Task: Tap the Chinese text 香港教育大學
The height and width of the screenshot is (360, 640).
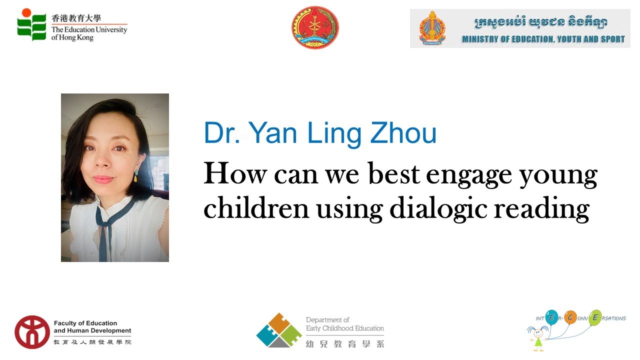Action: pos(76,18)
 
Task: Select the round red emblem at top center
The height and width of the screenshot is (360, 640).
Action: pos(315,27)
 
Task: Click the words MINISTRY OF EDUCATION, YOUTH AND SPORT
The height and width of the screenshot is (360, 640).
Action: pos(543,39)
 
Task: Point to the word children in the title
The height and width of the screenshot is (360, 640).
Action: pos(256,209)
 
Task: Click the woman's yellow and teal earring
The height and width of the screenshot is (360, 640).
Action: pos(136,175)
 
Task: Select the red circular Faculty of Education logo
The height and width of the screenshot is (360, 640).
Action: pos(32,332)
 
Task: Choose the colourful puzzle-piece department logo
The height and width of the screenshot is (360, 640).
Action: pos(279,330)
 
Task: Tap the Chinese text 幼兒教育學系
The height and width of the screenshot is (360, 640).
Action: pos(345,343)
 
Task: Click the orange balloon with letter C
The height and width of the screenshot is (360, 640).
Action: pos(570,316)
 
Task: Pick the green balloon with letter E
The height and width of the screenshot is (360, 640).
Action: pos(595,317)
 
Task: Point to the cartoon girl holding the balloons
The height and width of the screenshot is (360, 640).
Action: pos(538,337)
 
